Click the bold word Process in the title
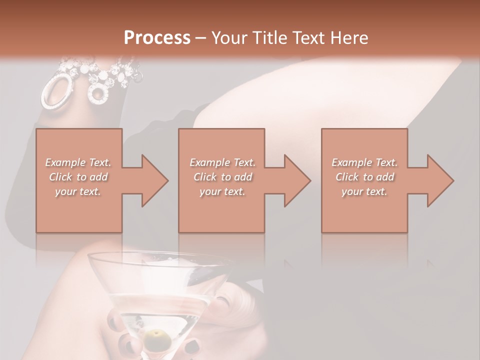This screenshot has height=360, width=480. tap(157, 38)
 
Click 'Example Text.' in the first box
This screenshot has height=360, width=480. tap(78, 162)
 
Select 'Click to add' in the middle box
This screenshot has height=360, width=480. tap(222, 177)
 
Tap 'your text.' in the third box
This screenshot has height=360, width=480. tap(364, 191)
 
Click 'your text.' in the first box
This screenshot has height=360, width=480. tap(78, 191)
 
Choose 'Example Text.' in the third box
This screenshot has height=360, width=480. tap(364, 162)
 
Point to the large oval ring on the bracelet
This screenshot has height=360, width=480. tap(55, 91)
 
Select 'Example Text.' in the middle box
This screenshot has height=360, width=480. tap(222, 162)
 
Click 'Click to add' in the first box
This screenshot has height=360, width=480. tap(78, 177)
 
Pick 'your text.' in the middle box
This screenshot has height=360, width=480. tap(222, 191)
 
